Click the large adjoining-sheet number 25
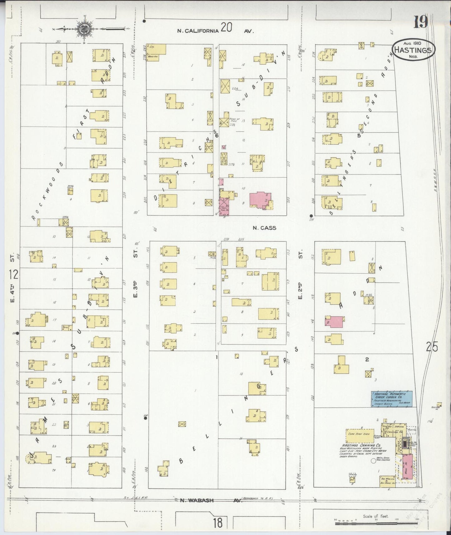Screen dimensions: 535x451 [431, 347]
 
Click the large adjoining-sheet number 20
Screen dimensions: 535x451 [226, 28]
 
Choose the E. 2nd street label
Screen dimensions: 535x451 [300, 290]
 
